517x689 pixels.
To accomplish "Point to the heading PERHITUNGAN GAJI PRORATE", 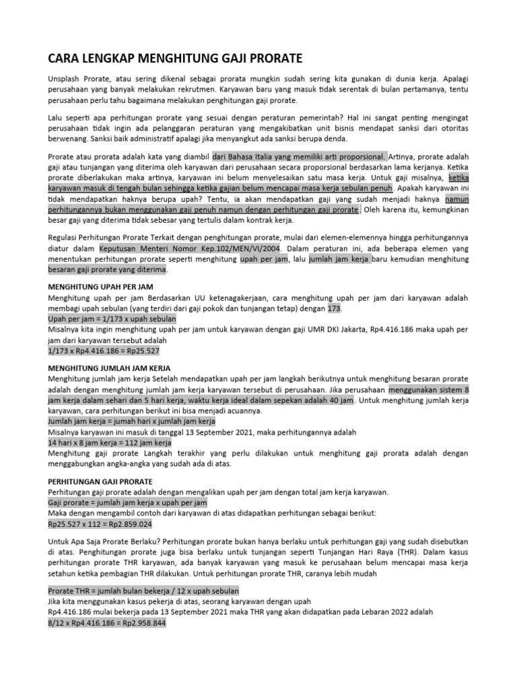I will point(100,481).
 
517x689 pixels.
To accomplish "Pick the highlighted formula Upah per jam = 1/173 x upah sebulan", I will point(112,318).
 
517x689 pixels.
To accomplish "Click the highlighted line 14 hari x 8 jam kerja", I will point(110,443).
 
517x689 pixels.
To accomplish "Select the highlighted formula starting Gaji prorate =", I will point(128,503).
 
